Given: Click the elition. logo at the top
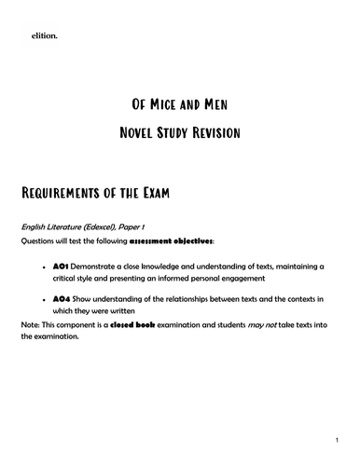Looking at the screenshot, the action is point(44,36).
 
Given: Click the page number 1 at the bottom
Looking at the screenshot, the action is point(336,437).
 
